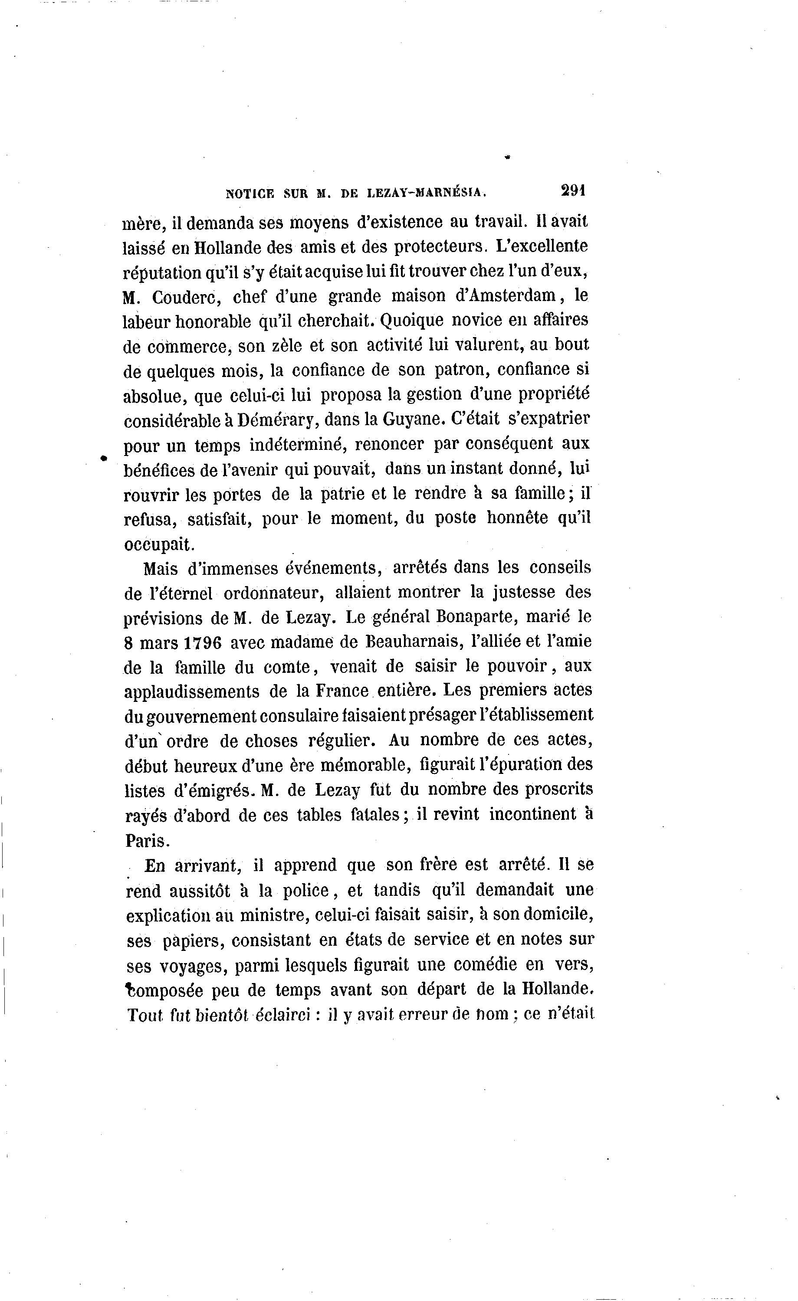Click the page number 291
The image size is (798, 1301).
tap(574, 190)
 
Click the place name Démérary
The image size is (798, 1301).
tap(276, 420)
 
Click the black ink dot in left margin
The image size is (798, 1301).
tap(104, 458)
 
